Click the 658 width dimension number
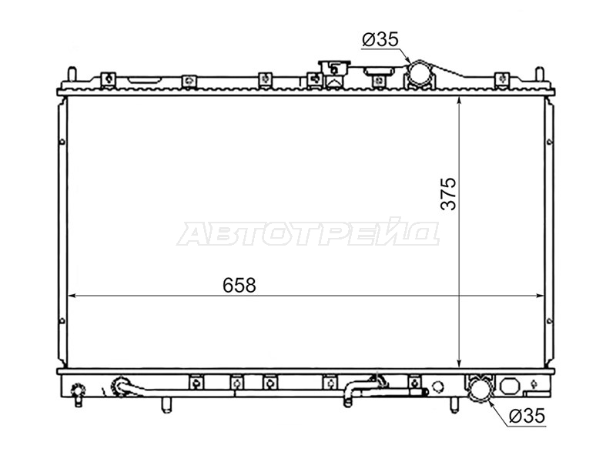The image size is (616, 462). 239,285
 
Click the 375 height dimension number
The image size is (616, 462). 449,194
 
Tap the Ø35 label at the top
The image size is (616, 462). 380,39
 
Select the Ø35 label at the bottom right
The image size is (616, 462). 527,416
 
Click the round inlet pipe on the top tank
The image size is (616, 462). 420,72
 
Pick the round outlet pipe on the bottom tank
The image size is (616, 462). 480,390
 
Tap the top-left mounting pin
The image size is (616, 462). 72,73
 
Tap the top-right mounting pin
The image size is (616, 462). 540,73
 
